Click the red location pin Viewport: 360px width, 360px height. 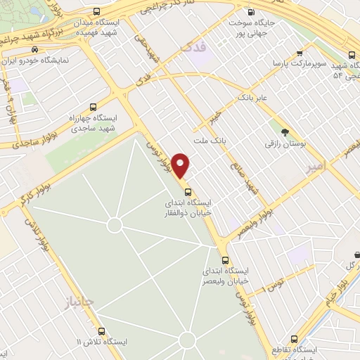[x=181, y=166]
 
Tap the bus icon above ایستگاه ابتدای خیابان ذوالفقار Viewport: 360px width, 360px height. [x=187, y=192]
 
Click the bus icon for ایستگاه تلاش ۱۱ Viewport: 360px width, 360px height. [x=101, y=331]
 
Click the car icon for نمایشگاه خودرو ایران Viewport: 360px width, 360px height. [x=35, y=50]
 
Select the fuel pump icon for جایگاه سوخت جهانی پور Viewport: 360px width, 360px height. [x=252, y=13]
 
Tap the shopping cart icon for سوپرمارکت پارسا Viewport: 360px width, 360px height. [x=300, y=53]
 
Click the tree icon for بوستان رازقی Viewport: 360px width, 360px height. [x=285, y=132]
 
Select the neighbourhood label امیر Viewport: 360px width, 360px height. [x=318, y=168]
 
